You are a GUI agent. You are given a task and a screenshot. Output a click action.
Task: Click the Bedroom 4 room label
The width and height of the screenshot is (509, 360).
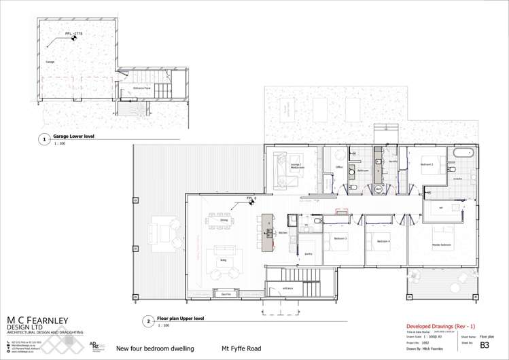pos(384,241)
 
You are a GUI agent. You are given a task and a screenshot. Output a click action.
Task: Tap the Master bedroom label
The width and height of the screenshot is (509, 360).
pos(442,245)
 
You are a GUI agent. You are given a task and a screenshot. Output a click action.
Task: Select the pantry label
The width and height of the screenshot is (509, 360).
pos(308,254)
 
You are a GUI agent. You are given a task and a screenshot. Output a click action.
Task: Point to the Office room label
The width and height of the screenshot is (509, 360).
pos(338,166)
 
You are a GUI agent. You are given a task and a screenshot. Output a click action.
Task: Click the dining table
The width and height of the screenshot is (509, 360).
pos(224,220)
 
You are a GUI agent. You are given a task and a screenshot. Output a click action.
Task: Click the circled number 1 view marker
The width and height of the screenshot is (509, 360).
pos(45,140)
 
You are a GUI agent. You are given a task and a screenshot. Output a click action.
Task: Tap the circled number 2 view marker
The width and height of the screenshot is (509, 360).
pos(147,321)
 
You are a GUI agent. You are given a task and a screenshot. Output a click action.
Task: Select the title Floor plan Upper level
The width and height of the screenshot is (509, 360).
pos(181,318)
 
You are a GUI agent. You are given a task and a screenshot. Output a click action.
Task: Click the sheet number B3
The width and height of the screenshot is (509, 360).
pos(484,345)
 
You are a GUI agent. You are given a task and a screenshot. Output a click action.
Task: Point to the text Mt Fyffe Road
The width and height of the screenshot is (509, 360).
pos(241,349)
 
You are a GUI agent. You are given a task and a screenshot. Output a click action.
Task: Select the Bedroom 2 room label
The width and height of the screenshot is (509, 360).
pos(427,164)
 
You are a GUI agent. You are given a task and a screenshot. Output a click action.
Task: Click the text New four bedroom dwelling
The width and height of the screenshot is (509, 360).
pos(150,349)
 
